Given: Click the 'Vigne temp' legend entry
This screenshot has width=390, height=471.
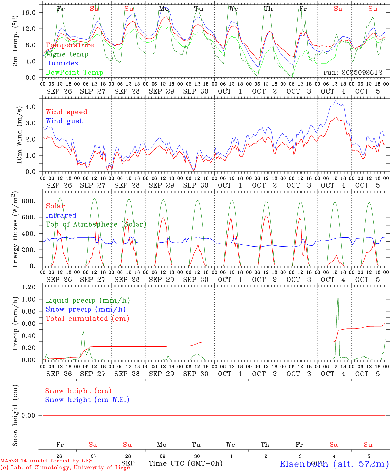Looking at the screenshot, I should coord(67,54).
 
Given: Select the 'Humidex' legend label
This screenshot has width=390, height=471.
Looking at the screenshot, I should coord(62,63).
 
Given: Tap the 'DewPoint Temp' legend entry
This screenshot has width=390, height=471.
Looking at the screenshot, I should coord(74,73).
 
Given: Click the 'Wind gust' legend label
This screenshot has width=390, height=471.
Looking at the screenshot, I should coord(64,121).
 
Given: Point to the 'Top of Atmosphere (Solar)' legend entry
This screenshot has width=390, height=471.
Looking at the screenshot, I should coord(96,224).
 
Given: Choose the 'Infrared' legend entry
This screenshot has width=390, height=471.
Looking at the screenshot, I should coord(61,215).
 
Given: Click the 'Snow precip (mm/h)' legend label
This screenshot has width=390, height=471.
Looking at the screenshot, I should coord(86,309).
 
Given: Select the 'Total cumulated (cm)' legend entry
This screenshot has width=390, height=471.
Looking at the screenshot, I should coord(87,319).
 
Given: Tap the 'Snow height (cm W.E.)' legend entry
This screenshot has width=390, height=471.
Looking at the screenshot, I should coord(87,400).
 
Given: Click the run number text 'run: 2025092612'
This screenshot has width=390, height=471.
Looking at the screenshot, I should coord(352,72).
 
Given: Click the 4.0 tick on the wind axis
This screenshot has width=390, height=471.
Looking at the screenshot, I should coord(33,107).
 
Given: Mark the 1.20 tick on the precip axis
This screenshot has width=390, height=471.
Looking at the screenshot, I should coord(29,287).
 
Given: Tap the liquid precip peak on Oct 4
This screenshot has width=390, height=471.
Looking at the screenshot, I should coord(338,293).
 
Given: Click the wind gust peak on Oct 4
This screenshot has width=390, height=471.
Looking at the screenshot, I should coord(336,101).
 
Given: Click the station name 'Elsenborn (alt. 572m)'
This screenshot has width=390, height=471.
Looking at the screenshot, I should coord(334,464).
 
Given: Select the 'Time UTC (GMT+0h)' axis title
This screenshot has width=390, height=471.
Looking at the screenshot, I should coord(186,463).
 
